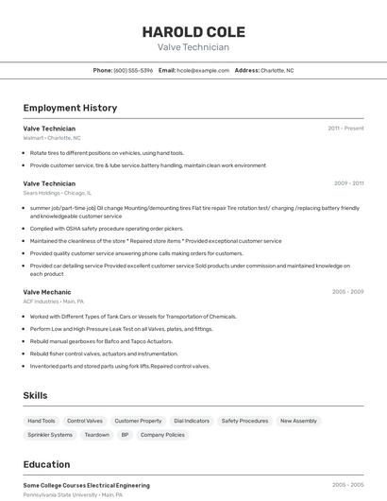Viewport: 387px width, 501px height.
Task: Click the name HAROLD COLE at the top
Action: click(193, 29)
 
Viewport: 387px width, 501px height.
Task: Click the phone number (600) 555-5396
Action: click(133, 70)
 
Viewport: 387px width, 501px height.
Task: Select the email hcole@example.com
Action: click(203, 70)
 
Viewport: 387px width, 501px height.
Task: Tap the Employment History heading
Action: click(70, 108)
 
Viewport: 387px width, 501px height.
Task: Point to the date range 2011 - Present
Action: click(345, 128)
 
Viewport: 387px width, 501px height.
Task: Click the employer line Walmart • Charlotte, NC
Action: click(52, 138)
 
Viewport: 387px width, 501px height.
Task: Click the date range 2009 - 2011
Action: click(348, 182)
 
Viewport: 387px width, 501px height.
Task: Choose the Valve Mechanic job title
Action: click(47, 292)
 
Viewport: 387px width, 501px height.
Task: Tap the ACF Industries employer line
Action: click(54, 302)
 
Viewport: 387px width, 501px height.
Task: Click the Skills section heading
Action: click(36, 395)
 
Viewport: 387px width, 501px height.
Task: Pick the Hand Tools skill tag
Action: click(42, 421)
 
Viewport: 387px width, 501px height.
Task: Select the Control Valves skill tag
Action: click(85, 421)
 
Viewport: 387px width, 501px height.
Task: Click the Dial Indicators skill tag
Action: click(192, 421)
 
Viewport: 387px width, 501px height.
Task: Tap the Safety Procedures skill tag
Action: click(245, 421)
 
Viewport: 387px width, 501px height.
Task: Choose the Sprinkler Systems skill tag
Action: click(50, 435)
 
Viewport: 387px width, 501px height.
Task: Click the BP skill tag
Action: click(125, 435)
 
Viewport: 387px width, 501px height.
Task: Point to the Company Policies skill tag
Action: click(162, 435)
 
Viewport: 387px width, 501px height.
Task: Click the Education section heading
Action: click(46, 464)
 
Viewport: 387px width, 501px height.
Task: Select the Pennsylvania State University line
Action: click(73, 494)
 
